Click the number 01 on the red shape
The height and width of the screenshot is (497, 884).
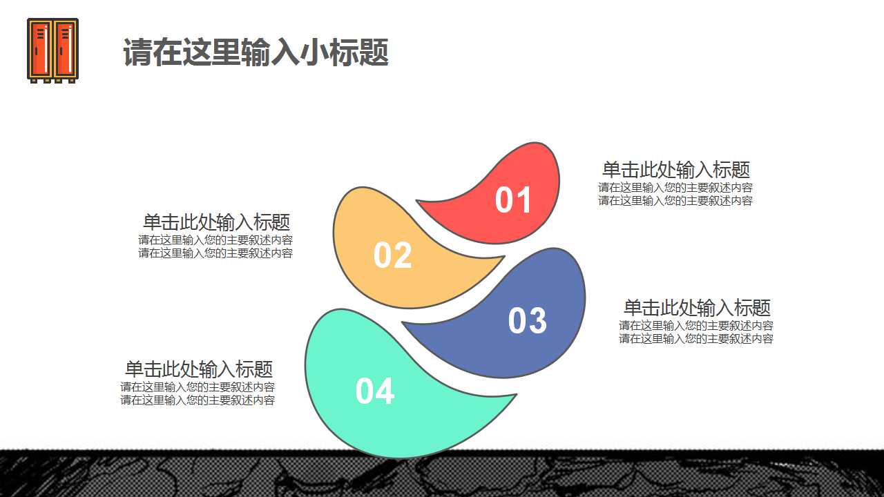513,200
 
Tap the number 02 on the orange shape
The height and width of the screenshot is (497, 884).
392,255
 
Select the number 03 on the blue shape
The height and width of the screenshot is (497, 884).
527,321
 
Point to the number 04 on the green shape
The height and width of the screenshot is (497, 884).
374,391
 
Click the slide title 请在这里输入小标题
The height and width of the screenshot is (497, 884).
256,52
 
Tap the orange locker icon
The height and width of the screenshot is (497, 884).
52,50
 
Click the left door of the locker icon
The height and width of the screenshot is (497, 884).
41,49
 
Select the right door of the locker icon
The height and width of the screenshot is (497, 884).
64,49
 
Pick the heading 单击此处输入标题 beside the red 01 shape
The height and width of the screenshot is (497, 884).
675,170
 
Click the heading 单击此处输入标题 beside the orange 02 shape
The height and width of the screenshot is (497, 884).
215,222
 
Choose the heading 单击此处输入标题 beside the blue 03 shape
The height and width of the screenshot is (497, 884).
696,308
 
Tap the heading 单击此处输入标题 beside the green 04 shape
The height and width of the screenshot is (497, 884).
198,369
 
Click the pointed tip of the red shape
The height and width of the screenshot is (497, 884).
419,202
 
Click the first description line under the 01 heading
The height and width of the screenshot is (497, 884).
675,188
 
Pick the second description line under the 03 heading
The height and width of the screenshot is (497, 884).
695,339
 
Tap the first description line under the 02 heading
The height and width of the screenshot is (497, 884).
215,240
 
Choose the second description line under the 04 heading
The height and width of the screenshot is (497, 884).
198,400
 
